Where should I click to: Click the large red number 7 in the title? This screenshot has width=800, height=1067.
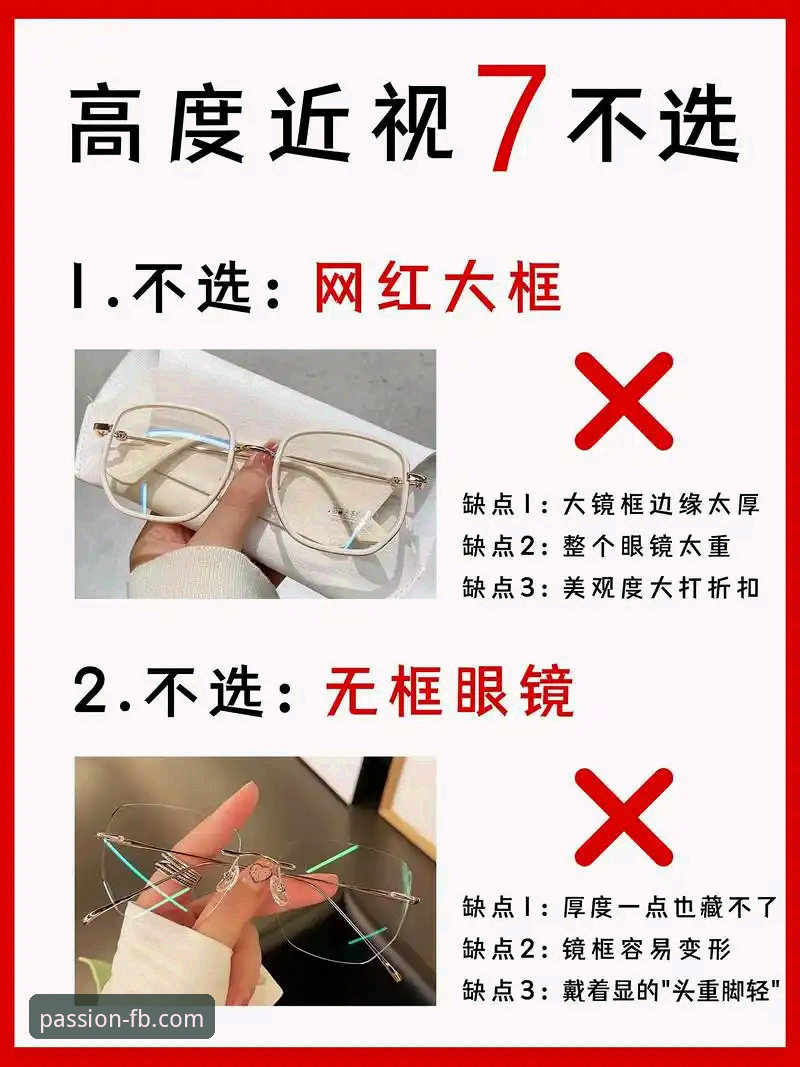[x=513, y=118]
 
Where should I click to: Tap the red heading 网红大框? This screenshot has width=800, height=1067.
[x=437, y=289]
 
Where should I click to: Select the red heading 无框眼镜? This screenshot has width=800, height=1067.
[x=449, y=691]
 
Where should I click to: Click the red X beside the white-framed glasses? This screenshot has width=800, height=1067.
[x=623, y=401]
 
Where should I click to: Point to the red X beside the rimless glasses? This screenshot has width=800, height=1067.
[x=623, y=816]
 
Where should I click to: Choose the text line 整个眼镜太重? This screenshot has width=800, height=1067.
[x=648, y=545]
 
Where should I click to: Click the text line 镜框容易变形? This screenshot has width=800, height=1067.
[x=648, y=948]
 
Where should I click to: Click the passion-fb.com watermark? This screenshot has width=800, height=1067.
[x=121, y=1019]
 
